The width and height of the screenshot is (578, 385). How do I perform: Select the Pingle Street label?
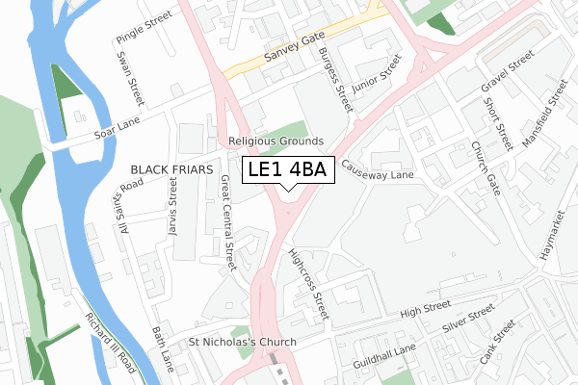144,27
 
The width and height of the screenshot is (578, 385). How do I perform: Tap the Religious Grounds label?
276,141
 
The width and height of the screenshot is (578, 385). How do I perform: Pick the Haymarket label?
550,237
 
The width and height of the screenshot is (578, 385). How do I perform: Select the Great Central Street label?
228,222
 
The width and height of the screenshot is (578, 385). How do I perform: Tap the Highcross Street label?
308,284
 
